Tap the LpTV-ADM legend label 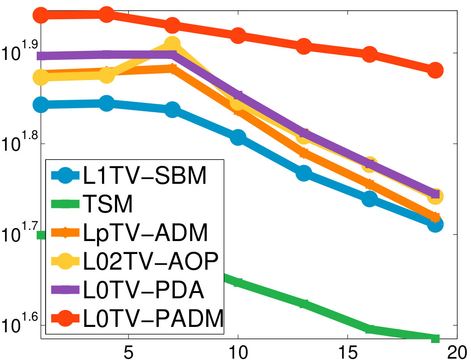click(x=145, y=233)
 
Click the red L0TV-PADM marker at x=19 click(x=435, y=71)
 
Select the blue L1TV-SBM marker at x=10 click(x=238, y=137)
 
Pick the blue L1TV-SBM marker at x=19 click(x=435, y=224)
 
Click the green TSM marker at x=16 click(x=369, y=329)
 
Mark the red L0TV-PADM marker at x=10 click(x=238, y=35)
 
